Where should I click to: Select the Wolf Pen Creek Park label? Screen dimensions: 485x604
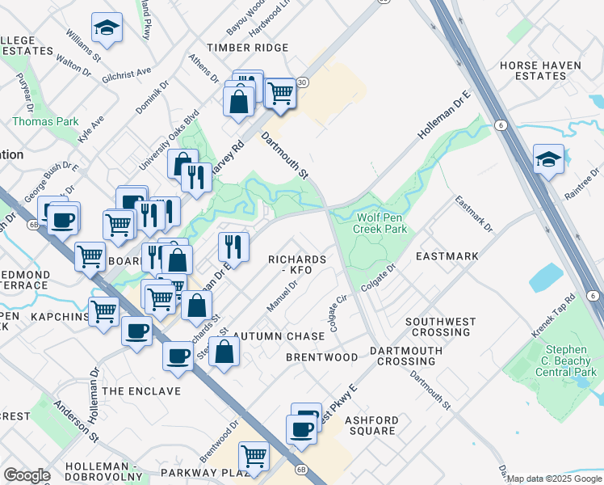pos(380,223)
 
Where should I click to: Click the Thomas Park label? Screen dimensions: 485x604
pos(45,121)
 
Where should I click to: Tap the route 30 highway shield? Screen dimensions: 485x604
pos(301,82)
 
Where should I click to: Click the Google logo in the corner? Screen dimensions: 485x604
pos(27,475)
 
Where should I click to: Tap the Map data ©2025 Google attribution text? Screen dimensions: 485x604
pos(555,479)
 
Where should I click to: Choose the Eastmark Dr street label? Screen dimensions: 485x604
pos(473,214)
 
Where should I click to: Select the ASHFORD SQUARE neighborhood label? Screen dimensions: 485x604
pos(371,425)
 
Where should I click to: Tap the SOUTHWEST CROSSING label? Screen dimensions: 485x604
pos(440,327)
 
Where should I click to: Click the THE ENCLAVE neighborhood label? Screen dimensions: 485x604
pos(141,391)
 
